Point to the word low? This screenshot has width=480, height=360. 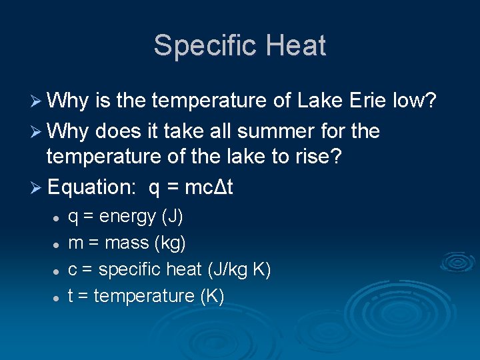click(x=414, y=101)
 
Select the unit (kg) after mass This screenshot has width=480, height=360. click(x=170, y=243)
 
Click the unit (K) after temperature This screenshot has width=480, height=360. click(x=212, y=296)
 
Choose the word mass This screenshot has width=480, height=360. click(x=127, y=243)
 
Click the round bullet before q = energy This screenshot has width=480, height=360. click(x=57, y=219)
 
